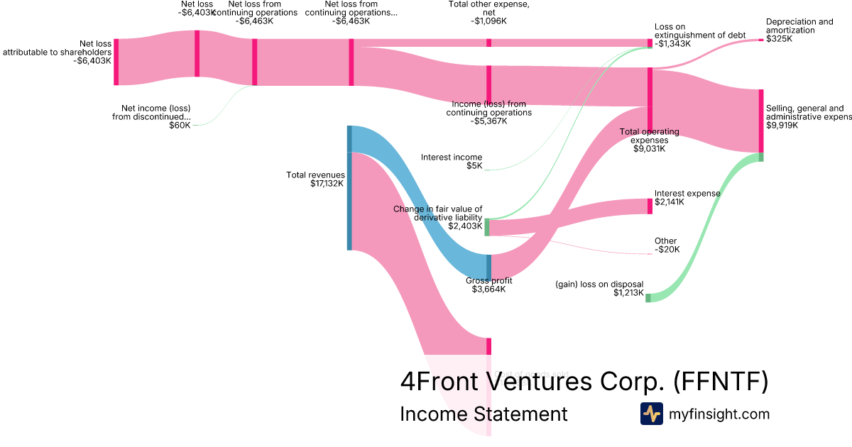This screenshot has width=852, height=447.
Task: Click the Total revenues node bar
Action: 349,188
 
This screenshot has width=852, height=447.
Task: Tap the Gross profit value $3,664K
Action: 488,289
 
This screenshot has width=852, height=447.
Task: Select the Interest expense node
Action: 649,206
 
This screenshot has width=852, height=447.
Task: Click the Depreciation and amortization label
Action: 799,26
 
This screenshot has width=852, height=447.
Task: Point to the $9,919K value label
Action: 782,126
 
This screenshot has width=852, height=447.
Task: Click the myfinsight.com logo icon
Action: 651,414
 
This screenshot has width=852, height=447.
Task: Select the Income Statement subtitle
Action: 484,414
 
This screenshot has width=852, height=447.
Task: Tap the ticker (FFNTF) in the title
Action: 720,382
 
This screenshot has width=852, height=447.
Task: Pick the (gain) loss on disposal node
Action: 648,297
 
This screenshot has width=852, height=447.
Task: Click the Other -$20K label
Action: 666,245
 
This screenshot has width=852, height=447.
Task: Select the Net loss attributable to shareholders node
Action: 116,62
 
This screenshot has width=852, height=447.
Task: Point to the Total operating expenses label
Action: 649,136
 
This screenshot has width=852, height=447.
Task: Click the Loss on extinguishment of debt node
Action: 649,43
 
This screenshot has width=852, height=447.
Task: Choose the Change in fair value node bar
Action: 487,227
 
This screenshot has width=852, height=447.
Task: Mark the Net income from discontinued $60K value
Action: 180,126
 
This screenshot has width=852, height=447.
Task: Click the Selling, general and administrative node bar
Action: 760,121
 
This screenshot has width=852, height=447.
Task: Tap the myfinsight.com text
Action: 719,414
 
